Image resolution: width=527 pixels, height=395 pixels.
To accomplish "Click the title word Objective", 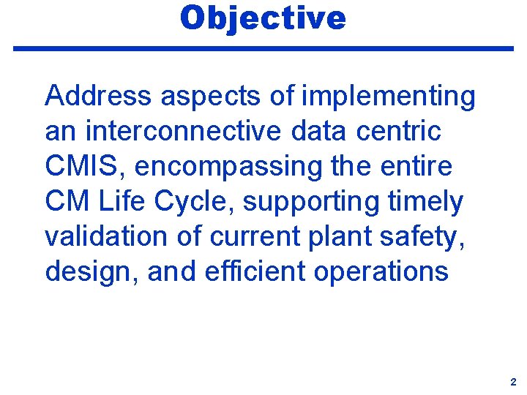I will [x=263, y=18].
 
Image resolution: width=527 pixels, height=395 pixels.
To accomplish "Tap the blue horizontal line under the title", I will [x=263, y=48].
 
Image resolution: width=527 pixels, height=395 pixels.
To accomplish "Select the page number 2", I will [x=513, y=381].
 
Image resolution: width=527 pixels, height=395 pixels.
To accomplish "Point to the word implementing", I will [x=395, y=96].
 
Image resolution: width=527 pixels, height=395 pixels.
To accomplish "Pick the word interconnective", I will [x=182, y=131].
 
